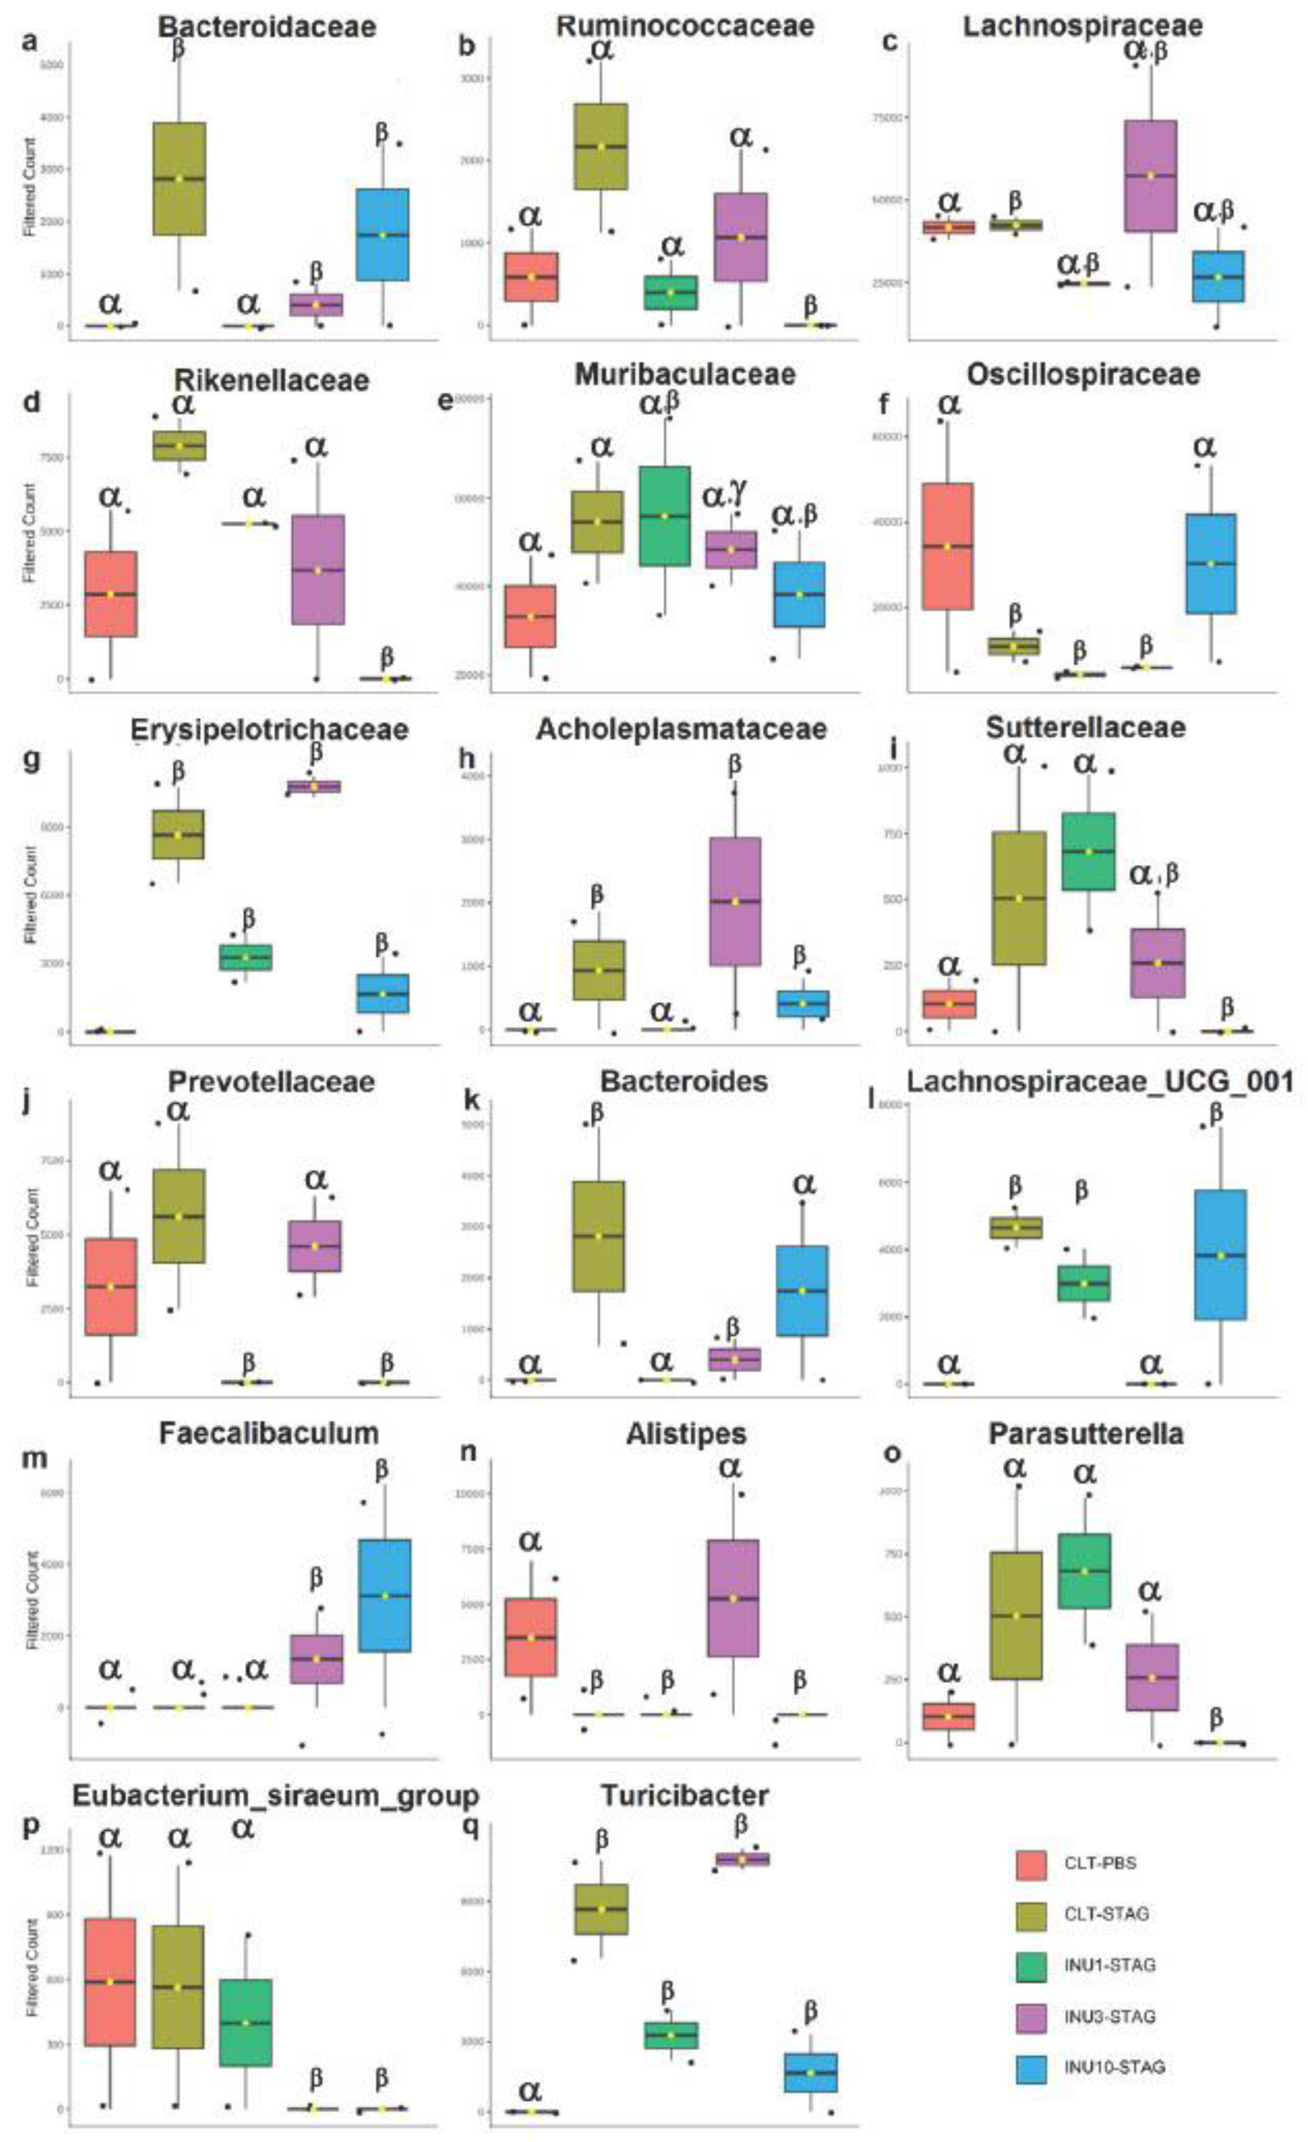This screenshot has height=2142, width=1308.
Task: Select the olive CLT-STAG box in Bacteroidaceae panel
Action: [179, 178]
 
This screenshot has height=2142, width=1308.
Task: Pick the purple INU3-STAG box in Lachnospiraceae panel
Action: [1150, 176]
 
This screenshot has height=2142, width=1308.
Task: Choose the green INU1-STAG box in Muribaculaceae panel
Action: [665, 516]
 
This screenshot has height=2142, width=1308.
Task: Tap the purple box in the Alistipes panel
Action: [733, 1598]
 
